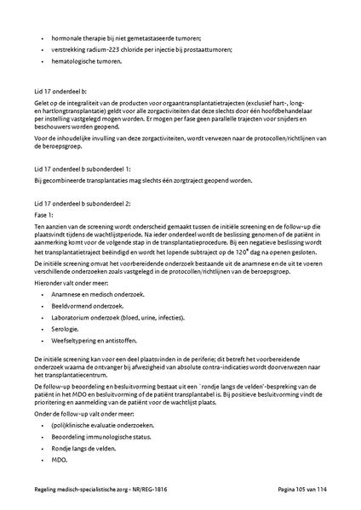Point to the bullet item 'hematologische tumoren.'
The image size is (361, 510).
[89, 61]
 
